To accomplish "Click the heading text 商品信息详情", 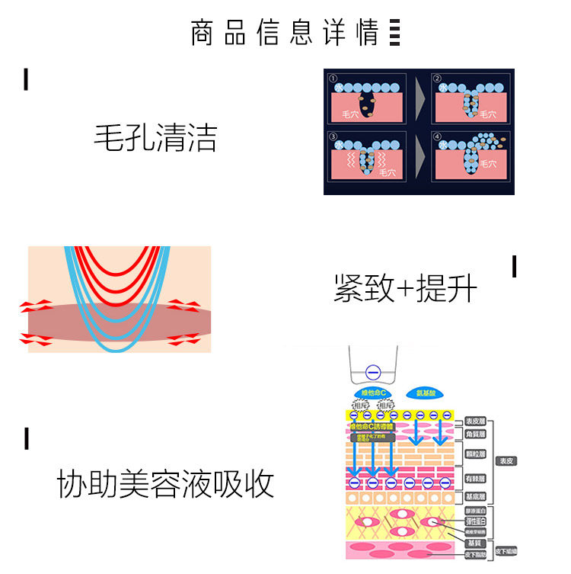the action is (285, 34).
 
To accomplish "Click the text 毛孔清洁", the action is (155, 138).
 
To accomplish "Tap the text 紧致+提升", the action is (405, 289).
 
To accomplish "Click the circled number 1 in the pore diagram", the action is (333, 79).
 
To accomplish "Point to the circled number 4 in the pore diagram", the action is (437, 138).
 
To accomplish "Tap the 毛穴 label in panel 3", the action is (387, 173).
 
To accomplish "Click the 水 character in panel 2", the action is (442, 88).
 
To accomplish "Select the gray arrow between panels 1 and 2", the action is (419, 97).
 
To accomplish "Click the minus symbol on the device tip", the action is (372, 372).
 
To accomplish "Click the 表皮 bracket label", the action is (506, 460).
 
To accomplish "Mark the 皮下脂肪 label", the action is (506, 550).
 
